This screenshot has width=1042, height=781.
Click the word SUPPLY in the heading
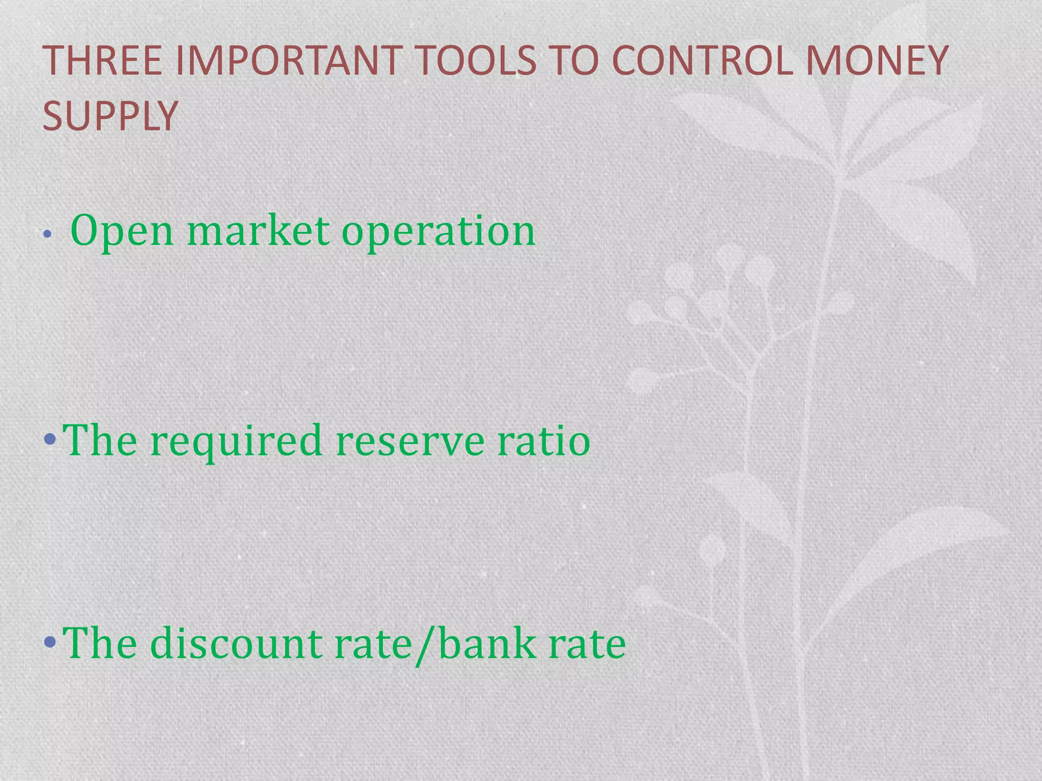pos(110,116)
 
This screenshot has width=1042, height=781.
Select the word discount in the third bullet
pos(236,644)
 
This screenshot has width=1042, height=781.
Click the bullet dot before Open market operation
pos(47,234)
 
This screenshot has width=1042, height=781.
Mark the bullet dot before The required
pos(50,438)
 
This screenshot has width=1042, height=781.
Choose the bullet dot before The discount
pos(50,642)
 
